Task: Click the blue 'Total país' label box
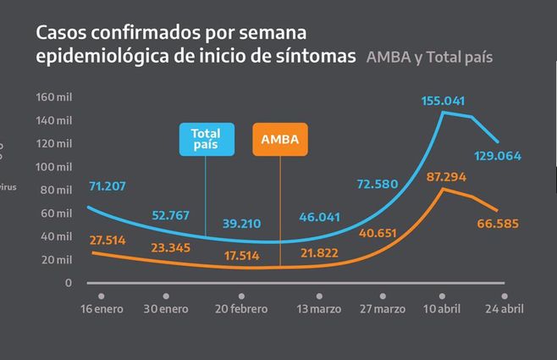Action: [x=206, y=140]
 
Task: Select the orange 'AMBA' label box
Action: [x=280, y=140]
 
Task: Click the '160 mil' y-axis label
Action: [x=54, y=97]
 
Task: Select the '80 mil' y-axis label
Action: [x=57, y=190]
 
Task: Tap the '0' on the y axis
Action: [x=69, y=282]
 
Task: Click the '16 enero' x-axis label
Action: [x=101, y=308]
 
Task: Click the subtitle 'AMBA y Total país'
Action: [x=429, y=58]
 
